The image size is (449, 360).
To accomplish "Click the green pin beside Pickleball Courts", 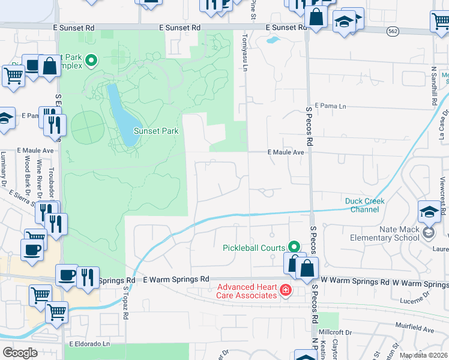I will [x=294, y=247].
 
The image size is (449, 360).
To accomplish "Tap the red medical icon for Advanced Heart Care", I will [x=286, y=292].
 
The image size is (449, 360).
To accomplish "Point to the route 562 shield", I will [x=392, y=32].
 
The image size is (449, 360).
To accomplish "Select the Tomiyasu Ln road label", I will [x=245, y=50].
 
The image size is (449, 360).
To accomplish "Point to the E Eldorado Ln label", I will [x=90, y=344].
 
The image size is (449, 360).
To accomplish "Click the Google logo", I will [x=20, y=353].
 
